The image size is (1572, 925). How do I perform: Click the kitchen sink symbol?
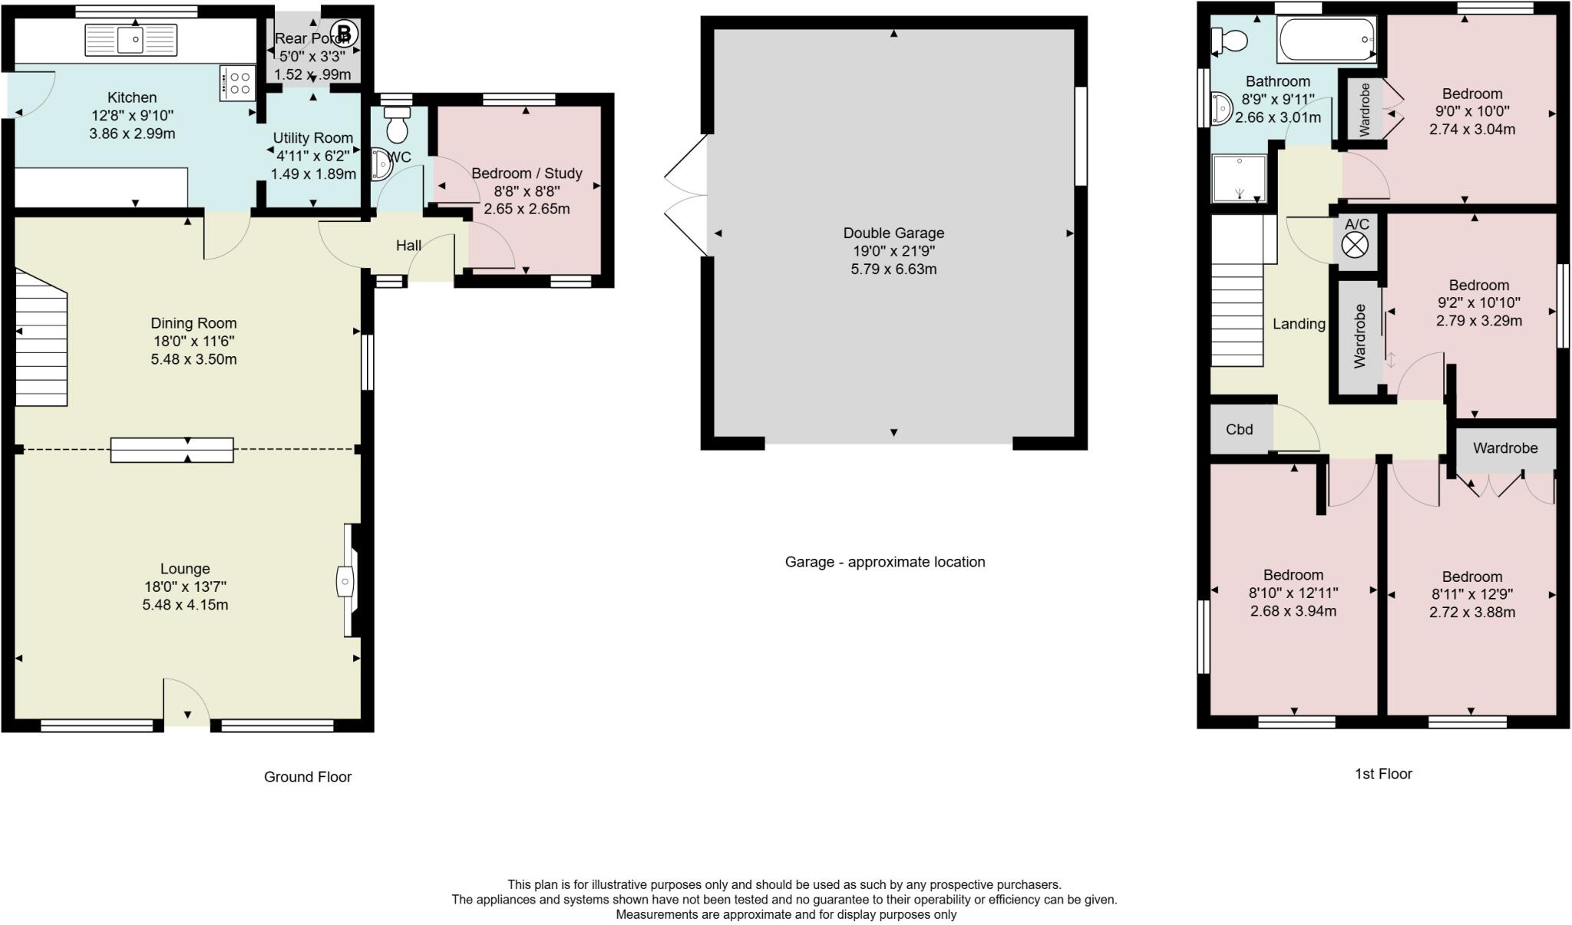tap(131, 39)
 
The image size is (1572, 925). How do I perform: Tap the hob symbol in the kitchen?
tap(237, 83)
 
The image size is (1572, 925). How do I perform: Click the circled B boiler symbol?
tap(345, 33)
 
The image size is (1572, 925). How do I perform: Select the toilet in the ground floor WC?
tap(397, 126)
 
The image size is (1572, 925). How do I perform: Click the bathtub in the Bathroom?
tap(1326, 39)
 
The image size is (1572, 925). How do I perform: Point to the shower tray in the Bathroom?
tap(1239, 178)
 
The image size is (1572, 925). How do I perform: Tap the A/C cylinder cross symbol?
tap(1355, 245)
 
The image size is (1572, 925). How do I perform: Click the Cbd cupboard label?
tap(1239, 429)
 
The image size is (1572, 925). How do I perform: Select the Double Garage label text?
tap(893, 233)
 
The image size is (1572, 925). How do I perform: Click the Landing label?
tap(1299, 324)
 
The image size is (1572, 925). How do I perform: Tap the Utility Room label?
tap(313, 138)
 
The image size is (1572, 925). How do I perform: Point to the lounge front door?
tap(187, 702)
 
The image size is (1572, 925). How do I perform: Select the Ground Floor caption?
tap(307, 777)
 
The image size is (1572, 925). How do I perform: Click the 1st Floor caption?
tap(1382, 774)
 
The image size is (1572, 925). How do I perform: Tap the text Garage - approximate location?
tap(884, 562)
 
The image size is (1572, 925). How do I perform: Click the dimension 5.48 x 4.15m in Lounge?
tap(185, 605)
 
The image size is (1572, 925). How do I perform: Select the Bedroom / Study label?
tap(527, 173)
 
